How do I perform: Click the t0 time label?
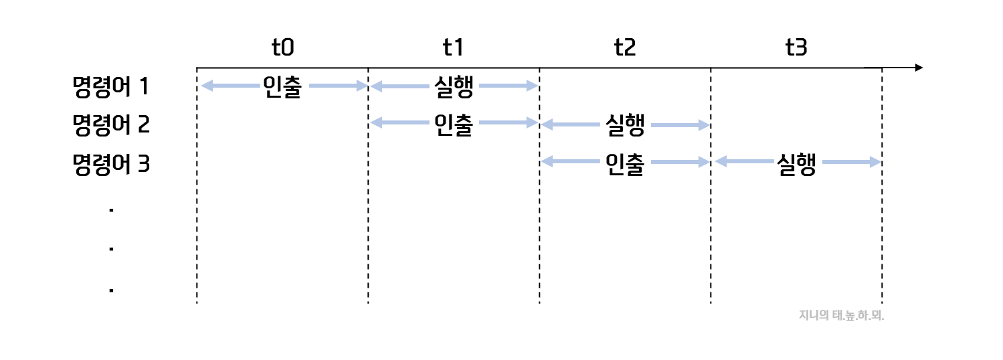pyautogui.click(x=282, y=48)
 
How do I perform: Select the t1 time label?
pyautogui.click(x=454, y=48)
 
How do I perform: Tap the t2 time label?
pyautogui.click(x=624, y=48)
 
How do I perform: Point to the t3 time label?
pyautogui.click(x=796, y=48)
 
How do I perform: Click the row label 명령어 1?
pyautogui.click(x=111, y=86)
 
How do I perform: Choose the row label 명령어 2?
pyautogui.click(x=111, y=125)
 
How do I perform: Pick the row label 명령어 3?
pyautogui.click(x=111, y=164)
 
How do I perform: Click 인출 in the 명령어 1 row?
pyautogui.click(x=282, y=87)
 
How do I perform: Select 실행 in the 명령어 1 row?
pyautogui.click(x=454, y=87)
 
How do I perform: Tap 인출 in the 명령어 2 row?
pyautogui.click(x=454, y=125)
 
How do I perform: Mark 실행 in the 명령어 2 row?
pyautogui.click(x=624, y=125)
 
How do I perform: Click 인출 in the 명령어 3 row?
pyautogui.click(x=624, y=163)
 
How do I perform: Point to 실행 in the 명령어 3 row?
pyautogui.click(x=796, y=163)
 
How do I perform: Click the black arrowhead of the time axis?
pyautogui.click(x=918, y=68)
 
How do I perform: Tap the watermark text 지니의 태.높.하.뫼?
pyautogui.click(x=841, y=315)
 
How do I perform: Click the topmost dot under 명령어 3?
pyautogui.click(x=111, y=211)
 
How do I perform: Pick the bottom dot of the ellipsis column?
pyautogui.click(x=111, y=290)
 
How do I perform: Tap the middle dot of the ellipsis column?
pyautogui.click(x=111, y=250)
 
